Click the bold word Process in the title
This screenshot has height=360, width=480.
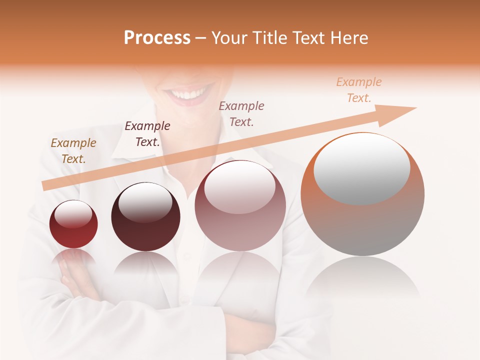click(157, 38)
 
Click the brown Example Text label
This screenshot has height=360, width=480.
click(73, 151)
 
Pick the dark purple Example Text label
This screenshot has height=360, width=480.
click(147, 134)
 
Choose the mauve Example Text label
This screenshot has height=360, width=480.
click(241, 113)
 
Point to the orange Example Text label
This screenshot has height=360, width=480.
click(359, 90)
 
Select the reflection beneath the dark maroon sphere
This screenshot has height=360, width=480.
click(145, 265)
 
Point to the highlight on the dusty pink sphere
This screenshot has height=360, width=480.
click(240, 187)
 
